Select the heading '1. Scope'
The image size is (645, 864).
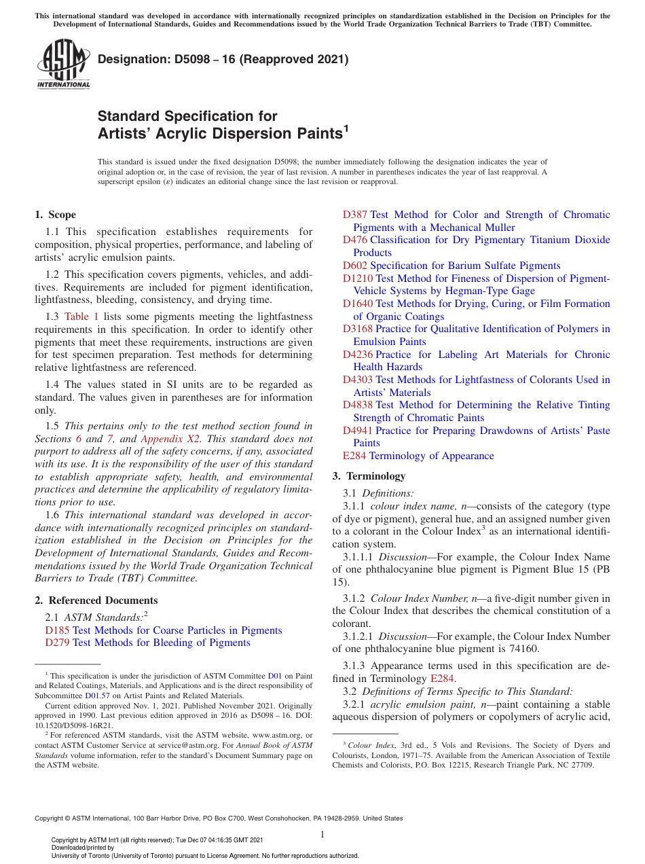[55, 215]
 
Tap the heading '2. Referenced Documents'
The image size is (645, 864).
[96, 600]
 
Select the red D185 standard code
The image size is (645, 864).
[57, 630]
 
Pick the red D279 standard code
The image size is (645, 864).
[57, 643]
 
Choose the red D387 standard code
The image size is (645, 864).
[355, 215]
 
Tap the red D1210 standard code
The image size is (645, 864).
[358, 278]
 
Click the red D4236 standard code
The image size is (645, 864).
[358, 355]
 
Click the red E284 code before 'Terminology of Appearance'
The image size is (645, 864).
[354, 456]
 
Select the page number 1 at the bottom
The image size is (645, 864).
[322, 835]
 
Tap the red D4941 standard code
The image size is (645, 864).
[358, 431]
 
